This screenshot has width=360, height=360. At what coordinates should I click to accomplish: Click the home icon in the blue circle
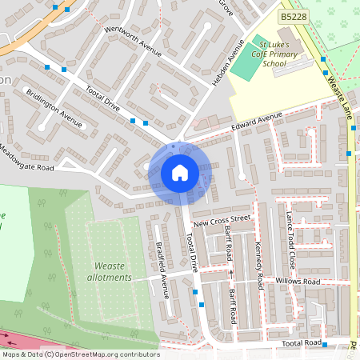(x=179, y=173)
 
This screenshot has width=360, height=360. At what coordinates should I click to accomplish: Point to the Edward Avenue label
(x=258, y=120)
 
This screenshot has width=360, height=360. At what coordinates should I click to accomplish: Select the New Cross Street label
(x=222, y=218)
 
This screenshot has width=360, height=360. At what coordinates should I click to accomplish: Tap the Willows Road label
(x=297, y=282)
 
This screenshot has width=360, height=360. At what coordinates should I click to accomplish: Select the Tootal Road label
(x=302, y=342)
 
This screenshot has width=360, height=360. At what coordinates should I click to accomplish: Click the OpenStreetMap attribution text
(x=80, y=354)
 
